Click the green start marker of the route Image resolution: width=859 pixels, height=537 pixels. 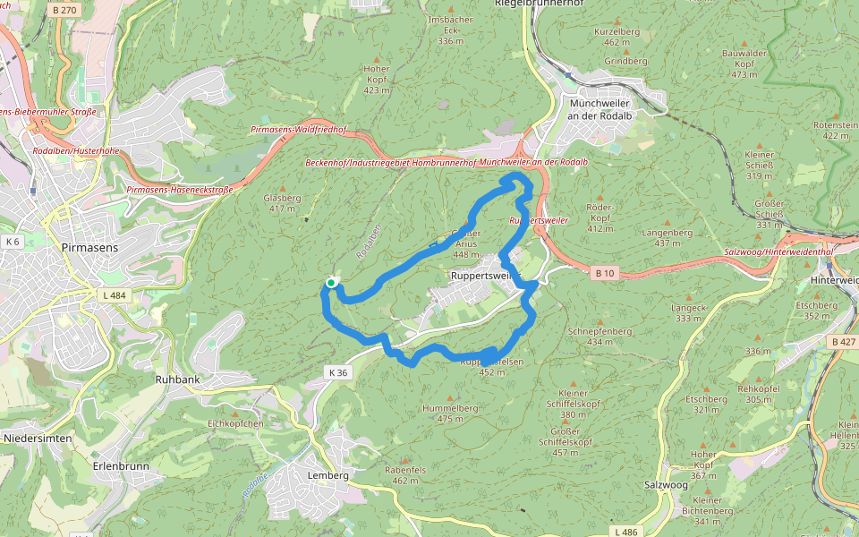[x=331, y=283]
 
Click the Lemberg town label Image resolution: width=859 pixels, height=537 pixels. [x=327, y=475]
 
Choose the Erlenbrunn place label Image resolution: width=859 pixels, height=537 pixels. [x=121, y=466]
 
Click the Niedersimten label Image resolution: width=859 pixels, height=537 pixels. [x=38, y=438]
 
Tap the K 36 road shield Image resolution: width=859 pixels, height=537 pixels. [x=336, y=372]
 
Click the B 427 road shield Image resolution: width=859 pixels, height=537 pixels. [x=842, y=342]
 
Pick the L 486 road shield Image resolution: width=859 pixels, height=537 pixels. [x=626, y=532]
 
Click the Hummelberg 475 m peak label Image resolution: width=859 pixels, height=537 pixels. [x=450, y=413]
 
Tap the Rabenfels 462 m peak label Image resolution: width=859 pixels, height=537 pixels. [x=405, y=474]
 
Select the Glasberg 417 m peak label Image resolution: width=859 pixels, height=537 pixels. [x=282, y=203]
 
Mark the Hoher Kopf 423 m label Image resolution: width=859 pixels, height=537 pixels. [x=377, y=79]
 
